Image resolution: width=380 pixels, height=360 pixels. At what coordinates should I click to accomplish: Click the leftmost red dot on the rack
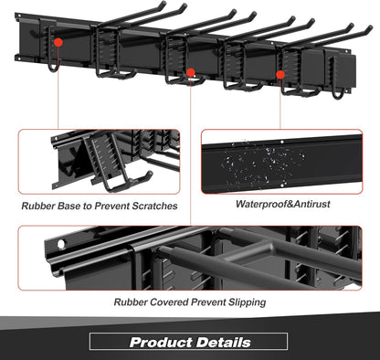[58, 42]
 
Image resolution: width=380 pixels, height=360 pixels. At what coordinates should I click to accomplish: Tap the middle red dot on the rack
[191, 71]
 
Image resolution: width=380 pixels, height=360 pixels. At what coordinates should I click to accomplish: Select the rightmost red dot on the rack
[281, 73]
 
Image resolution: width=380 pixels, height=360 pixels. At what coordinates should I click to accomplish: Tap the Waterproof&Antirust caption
[280, 205]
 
